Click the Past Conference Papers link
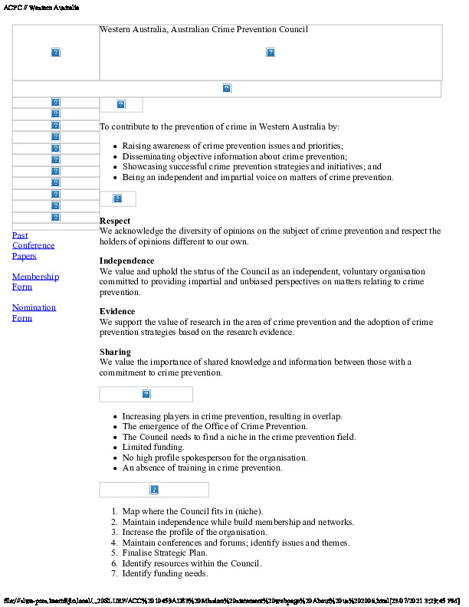pos(33,245)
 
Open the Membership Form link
pos(35,281)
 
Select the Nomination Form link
pos(34,312)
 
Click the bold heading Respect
pos(115,221)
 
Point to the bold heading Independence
pos(127,261)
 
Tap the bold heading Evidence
pos(117,311)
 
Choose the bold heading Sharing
pos(116,352)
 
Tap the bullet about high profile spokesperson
pos(215,458)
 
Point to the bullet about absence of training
pos(202,468)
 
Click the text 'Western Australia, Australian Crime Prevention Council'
pos(204,30)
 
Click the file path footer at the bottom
pos(230,599)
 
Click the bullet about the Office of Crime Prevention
pos(215,426)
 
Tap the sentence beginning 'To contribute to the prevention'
pos(219,126)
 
